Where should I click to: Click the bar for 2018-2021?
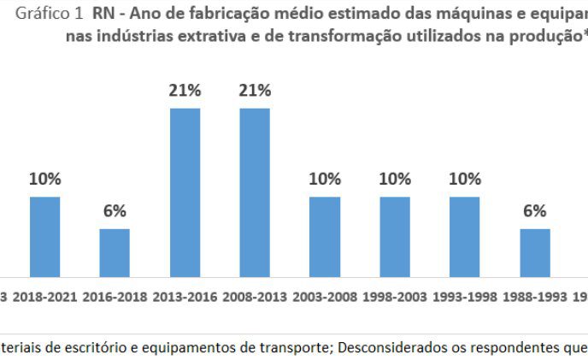[x=45, y=237]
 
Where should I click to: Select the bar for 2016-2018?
[x=115, y=253]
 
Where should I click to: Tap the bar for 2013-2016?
[x=185, y=192]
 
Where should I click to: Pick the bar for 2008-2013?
[x=255, y=192]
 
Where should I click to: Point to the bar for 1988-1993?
[x=535, y=253]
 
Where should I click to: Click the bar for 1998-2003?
[x=395, y=237]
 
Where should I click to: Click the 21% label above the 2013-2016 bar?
[x=185, y=91]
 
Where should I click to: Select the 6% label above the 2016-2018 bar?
[x=115, y=211]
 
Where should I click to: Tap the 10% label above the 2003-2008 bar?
[x=325, y=180]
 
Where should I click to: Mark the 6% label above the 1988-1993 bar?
[x=535, y=211]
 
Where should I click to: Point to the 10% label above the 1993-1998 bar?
[x=465, y=180]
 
